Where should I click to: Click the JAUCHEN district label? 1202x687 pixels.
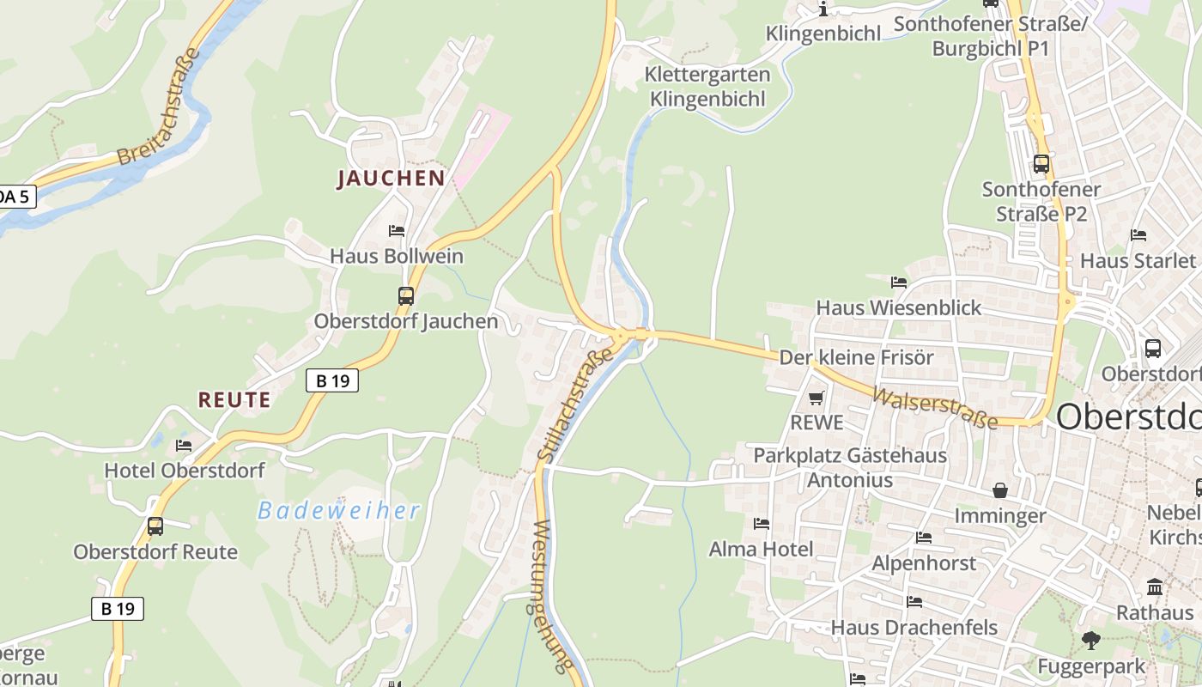pos(391,179)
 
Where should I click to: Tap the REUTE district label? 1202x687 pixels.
pos(234,400)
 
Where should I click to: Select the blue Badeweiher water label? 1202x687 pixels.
pos(339,511)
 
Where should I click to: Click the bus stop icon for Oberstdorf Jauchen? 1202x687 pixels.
pos(406,296)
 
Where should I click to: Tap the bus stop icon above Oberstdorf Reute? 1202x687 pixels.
pos(155,526)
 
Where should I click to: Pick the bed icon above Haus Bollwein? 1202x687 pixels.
pos(397,231)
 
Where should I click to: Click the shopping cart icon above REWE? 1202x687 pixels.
pos(817,398)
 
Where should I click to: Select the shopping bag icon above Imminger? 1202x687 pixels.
pos(1000,490)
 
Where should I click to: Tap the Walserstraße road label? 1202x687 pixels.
pos(935,408)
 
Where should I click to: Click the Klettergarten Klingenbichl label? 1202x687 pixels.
pos(707,87)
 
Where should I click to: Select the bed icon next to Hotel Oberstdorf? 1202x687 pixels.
pos(184,445)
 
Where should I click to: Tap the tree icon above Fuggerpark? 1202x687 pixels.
pos(1090,640)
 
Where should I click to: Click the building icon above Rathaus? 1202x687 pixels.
pos(1155,587)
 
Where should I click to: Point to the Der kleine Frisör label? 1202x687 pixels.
pos(856,357)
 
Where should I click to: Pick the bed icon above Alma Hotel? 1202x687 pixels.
pos(761,523)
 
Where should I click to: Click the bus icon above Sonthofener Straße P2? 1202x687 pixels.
pos(1041,163)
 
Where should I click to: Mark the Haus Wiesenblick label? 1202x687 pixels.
pos(898,307)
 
